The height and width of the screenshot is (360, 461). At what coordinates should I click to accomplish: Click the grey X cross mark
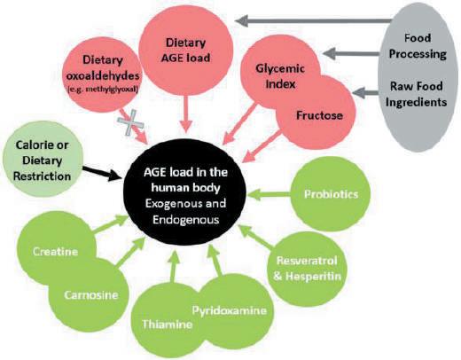130,123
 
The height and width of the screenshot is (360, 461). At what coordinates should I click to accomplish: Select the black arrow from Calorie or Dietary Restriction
102,174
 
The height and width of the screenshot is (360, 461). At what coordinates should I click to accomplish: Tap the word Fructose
319,115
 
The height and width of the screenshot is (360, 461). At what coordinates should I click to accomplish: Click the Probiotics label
331,194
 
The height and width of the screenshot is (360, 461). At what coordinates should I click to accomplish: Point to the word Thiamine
168,325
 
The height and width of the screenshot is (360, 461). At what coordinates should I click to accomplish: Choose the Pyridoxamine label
230,310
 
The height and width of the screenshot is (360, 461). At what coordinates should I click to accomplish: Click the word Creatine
55,252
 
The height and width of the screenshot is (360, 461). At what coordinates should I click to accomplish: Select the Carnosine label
91,295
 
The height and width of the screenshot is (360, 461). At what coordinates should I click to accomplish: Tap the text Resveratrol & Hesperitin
307,269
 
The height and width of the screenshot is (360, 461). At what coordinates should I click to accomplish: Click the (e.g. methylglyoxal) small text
103,90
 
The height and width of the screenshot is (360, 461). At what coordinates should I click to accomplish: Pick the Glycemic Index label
280,76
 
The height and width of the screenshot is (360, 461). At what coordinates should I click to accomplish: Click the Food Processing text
418,46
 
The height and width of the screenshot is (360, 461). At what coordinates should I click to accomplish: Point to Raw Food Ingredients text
416,94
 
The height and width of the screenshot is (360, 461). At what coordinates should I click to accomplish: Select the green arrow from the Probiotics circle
269,194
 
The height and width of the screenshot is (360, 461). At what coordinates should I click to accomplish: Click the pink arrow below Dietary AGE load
185,114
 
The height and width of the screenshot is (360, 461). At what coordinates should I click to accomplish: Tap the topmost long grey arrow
313,20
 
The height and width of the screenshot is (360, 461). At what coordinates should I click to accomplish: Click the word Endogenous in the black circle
186,220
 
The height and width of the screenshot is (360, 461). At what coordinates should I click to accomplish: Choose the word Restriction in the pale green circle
42,176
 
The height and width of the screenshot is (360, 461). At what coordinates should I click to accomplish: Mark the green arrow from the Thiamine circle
173,266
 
